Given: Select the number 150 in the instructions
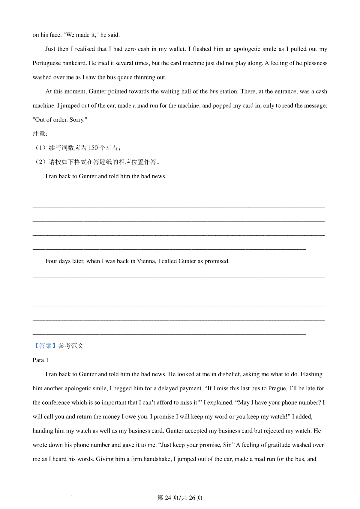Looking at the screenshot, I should [x=93, y=148].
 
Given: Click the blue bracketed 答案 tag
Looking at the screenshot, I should [x=45, y=346].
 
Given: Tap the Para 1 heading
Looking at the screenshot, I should [x=40, y=360].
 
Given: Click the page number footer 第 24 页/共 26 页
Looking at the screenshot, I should [x=180, y=498].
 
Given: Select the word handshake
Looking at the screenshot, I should [x=157, y=459].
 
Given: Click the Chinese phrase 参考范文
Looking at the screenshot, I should [x=71, y=346].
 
